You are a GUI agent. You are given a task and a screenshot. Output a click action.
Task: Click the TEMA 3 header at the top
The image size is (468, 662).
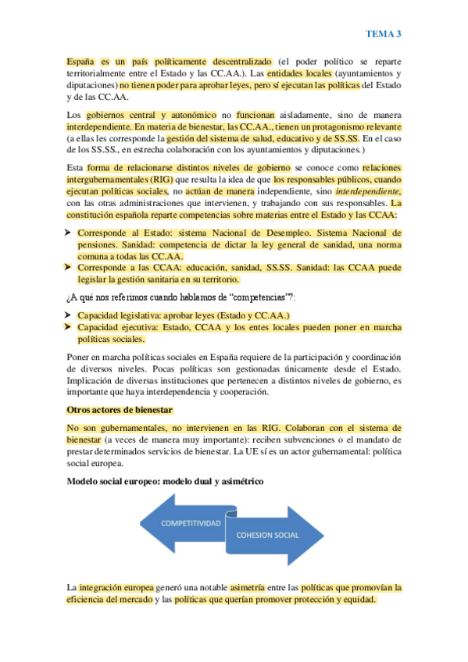[384, 34]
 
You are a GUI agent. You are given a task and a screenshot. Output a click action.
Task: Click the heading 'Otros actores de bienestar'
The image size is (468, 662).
[120, 410]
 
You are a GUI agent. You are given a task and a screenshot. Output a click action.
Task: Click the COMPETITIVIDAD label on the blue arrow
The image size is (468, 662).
[191, 525]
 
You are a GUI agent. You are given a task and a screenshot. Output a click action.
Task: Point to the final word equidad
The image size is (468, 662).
[355, 600]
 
